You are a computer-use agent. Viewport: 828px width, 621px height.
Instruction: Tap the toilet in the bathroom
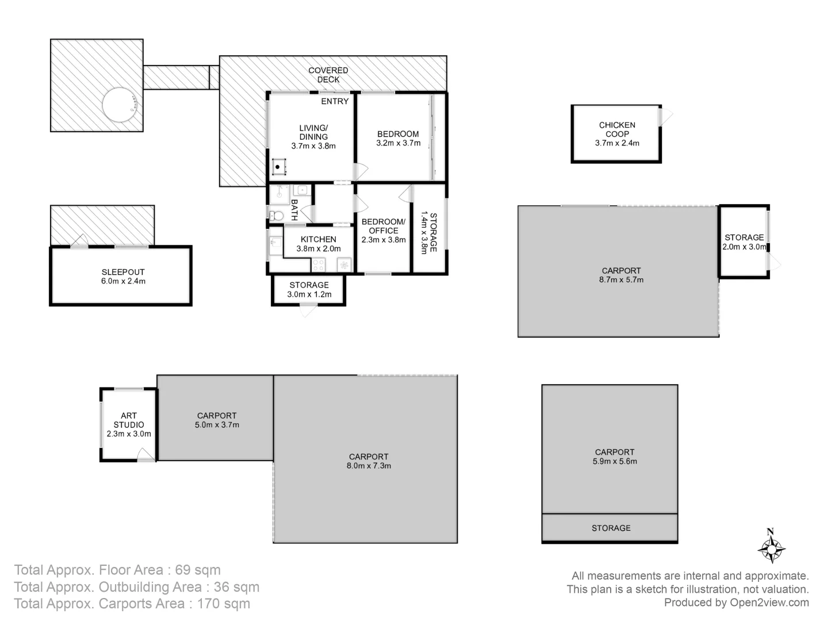tap(276, 216)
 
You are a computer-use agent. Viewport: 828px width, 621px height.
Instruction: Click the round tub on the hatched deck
tap(120, 104)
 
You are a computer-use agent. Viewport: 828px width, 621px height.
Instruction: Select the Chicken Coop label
tap(617, 129)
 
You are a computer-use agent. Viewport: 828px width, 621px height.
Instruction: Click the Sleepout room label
tap(123, 272)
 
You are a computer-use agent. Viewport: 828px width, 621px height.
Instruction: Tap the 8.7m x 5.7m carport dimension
tap(621, 280)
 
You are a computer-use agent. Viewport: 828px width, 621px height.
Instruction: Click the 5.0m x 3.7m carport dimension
tap(217, 425)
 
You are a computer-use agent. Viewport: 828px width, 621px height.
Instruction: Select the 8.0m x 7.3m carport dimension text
tap(369, 466)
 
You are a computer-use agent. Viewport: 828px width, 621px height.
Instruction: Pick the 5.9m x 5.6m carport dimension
tap(615, 461)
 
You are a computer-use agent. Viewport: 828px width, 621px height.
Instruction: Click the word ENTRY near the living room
tap(335, 101)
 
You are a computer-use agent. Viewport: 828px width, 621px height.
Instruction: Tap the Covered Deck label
tap(328, 75)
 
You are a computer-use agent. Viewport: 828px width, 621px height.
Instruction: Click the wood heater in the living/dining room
tap(279, 167)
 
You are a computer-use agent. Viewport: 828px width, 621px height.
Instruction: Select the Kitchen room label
tap(319, 239)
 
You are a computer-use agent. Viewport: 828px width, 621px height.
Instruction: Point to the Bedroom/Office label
tap(384, 226)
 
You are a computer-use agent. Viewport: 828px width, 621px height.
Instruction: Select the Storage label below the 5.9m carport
tap(611, 528)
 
